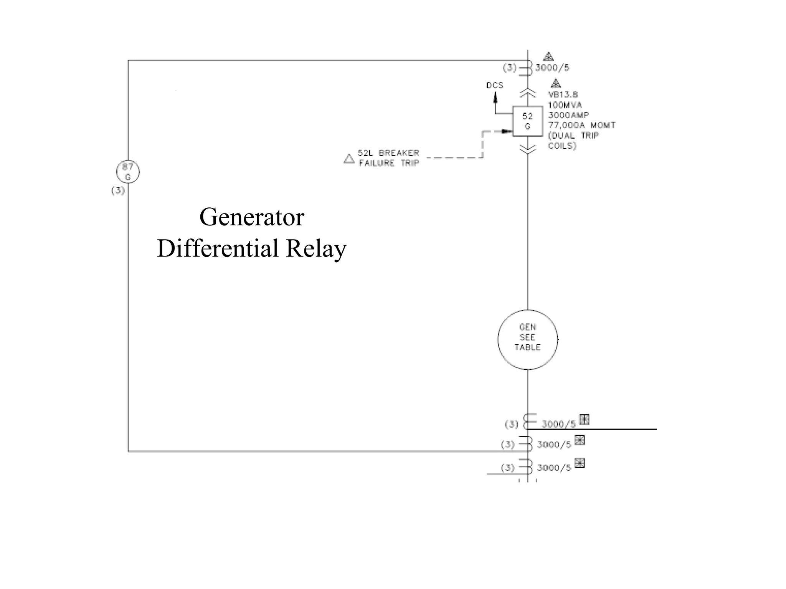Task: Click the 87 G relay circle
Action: [128, 172]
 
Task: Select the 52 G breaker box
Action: [528, 121]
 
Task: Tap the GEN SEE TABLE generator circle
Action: [527, 339]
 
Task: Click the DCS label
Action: [494, 85]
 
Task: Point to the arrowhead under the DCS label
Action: [495, 98]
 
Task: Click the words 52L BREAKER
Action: [388, 153]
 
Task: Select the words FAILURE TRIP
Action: [388, 163]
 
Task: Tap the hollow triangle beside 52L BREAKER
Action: [349, 159]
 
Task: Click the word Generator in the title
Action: [251, 217]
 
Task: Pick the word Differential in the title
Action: [217, 248]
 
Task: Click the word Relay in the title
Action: [316, 248]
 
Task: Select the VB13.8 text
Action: [563, 94]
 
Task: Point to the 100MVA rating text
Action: [565, 105]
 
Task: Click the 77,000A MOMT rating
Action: [581, 125]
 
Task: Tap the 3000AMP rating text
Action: [568, 115]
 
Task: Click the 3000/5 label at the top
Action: [552, 68]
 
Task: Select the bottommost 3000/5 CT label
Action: [554, 468]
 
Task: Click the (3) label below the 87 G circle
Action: [118, 190]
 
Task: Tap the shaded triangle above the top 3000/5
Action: [548, 57]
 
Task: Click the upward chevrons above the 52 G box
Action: [528, 93]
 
